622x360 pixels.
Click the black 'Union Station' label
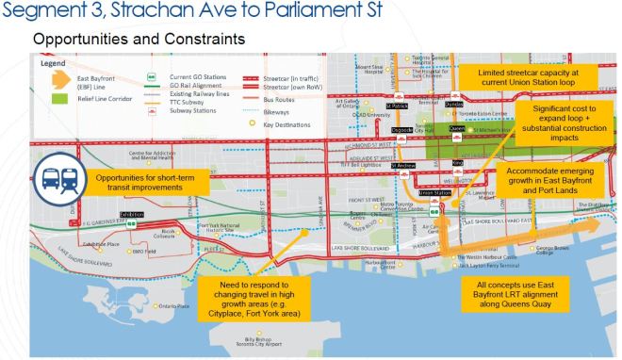(x=435, y=192)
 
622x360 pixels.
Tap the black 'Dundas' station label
(x=455, y=104)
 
